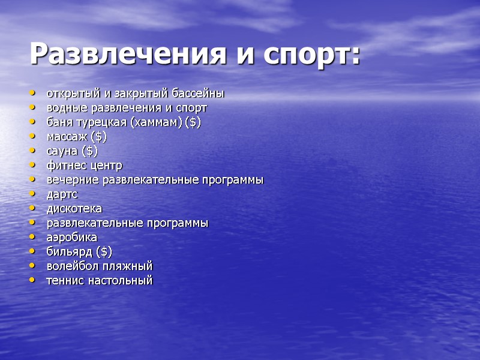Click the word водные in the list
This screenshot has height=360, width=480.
pyautogui.click(x=64, y=108)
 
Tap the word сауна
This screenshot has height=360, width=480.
pyautogui.click(x=62, y=151)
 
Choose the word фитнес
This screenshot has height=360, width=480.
pyautogui.click(x=66, y=166)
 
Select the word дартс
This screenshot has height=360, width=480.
pyautogui.click(x=62, y=194)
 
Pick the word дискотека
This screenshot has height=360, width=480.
pyautogui.click(x=74, y=209)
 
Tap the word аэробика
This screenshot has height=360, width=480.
pyautogui.click(x=72, y=238)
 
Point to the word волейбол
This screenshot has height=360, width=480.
pyautogui.click(x=70, y=266)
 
